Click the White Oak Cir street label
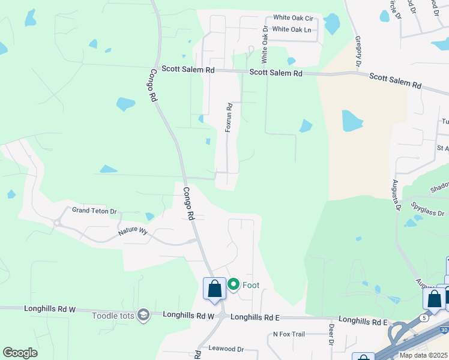294,18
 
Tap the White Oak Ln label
292,29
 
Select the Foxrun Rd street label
229,118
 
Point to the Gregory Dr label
358,51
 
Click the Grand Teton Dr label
94,211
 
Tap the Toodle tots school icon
143,314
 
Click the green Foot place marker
233,285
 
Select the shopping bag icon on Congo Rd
214,289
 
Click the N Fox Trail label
294,334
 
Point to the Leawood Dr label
226,349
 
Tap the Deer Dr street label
331,335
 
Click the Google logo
20,353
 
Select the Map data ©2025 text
423,355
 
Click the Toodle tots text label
113,314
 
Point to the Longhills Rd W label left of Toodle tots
50,309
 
